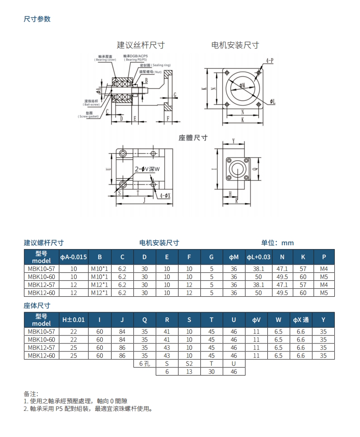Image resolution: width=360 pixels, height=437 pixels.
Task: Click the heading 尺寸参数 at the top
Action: point(37,19)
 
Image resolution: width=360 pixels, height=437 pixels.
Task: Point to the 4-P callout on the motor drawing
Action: point(269,60)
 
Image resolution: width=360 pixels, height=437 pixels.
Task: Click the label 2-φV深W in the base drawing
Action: point(147,169)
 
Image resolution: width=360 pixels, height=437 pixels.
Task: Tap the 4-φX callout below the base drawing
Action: point(165,196)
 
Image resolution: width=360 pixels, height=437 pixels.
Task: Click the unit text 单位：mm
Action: point(277,243)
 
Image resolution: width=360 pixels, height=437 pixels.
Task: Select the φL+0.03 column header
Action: point(259,257)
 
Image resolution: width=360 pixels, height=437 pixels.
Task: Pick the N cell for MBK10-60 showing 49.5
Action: point(281,277)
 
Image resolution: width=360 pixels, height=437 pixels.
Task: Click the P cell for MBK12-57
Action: point(323,285)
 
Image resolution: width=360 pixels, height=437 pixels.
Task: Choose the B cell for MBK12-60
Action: point(100,292)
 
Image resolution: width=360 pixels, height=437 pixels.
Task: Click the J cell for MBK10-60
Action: point(122,340)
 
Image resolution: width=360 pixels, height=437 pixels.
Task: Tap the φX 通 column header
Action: point(301,320)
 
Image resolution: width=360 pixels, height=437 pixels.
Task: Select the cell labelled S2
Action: point(189,364)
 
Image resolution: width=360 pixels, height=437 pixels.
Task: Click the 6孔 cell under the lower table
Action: point(144,364)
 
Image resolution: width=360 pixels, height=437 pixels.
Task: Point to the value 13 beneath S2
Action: point(189,372)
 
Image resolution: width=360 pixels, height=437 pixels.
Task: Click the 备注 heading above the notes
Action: point(31,394)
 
